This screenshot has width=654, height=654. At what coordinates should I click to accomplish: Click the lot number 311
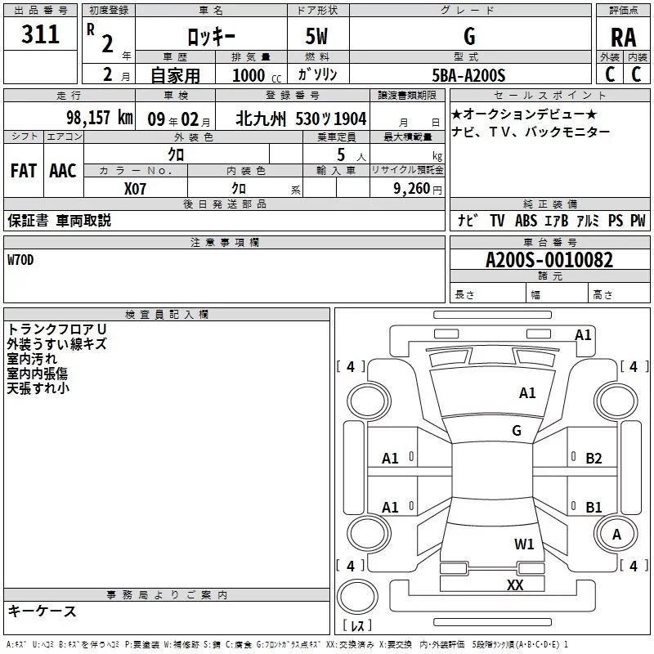pyautogui.click(x=40, y=35)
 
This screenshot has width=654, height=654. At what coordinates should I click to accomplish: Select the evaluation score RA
pyautogui.click(x=623, y=37)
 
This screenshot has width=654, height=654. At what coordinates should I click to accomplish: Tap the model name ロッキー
pyautogui.click(x=212, y=37)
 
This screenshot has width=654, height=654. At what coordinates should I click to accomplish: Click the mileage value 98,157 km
pyautogui.click(x=100, y=118)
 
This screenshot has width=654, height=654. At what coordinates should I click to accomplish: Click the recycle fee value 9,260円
pyautogui.click(x=416, y=188)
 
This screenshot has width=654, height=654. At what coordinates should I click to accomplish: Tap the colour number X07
pyautogui.click(x=136, y=188)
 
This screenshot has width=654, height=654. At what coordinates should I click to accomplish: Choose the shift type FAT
pyautogui.click(x=24, y=170)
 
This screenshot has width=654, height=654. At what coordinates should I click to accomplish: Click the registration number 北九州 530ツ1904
pyautogui.click(x=301, y=118)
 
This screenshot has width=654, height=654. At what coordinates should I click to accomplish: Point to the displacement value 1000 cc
pyautogui.click(x=254, y=75)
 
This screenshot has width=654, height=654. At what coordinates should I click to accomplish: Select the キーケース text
pyautogui.click(x=43, y=611)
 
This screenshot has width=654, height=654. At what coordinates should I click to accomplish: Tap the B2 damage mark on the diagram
pyautogui.click(x=594, y=459)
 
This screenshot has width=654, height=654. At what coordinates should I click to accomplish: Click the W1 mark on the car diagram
pyautogui.click(x=524, y=544)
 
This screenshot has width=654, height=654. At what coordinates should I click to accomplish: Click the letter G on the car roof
pyautogui.click(x=517, y=431)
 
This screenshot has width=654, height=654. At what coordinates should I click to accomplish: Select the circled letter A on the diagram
pyautogui.click(x=617, y=534)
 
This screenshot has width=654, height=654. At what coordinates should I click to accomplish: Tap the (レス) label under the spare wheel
pyautogui.click(x=357, y=626)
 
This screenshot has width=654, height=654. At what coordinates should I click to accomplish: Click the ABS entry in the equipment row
pyautogui.click(x=526, y=221)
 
